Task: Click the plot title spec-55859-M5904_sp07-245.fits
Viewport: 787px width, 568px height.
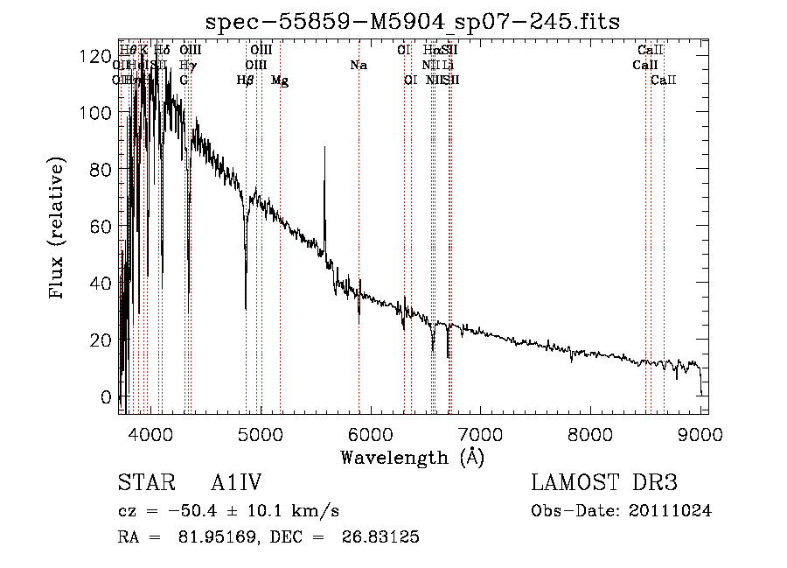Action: tap(412, 22)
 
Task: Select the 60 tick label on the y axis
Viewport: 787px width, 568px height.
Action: tap(103, 227)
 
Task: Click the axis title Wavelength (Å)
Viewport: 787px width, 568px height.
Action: tap(412, 457)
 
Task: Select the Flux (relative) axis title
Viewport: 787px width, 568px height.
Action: tap(59, 229)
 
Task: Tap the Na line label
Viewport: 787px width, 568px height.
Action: tap(358, 65)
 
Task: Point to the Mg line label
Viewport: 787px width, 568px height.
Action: tap(280, 81)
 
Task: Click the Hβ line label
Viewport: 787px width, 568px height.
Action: tap(246, 80)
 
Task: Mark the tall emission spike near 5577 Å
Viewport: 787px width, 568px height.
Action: tap(325, 149)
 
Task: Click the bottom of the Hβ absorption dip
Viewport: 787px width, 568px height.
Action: tap(246, 307)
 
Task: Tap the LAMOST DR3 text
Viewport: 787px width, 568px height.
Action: tap(604, 484)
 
